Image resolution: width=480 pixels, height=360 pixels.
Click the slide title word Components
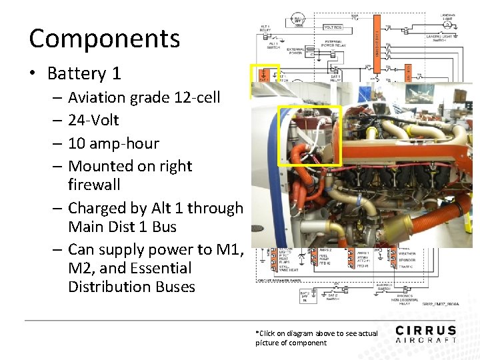[x=105, y=39]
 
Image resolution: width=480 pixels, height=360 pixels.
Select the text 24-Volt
[x=93, y=120]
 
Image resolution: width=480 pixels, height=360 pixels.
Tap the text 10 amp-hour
[x=113, y=143]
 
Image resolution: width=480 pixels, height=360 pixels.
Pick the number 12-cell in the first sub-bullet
[x=196, y=97]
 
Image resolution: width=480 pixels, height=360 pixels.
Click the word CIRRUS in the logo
[x=425, y=331]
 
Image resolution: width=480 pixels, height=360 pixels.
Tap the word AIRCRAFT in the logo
[x=425, y=339]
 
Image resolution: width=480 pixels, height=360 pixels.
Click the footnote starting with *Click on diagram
[x=316, y=337]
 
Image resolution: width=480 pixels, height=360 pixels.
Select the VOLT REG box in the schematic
[x=333, y=27]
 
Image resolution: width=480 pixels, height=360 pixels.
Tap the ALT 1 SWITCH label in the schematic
[x=274, y=46]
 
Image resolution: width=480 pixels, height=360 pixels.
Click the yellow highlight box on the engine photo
[x=309, y=135]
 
